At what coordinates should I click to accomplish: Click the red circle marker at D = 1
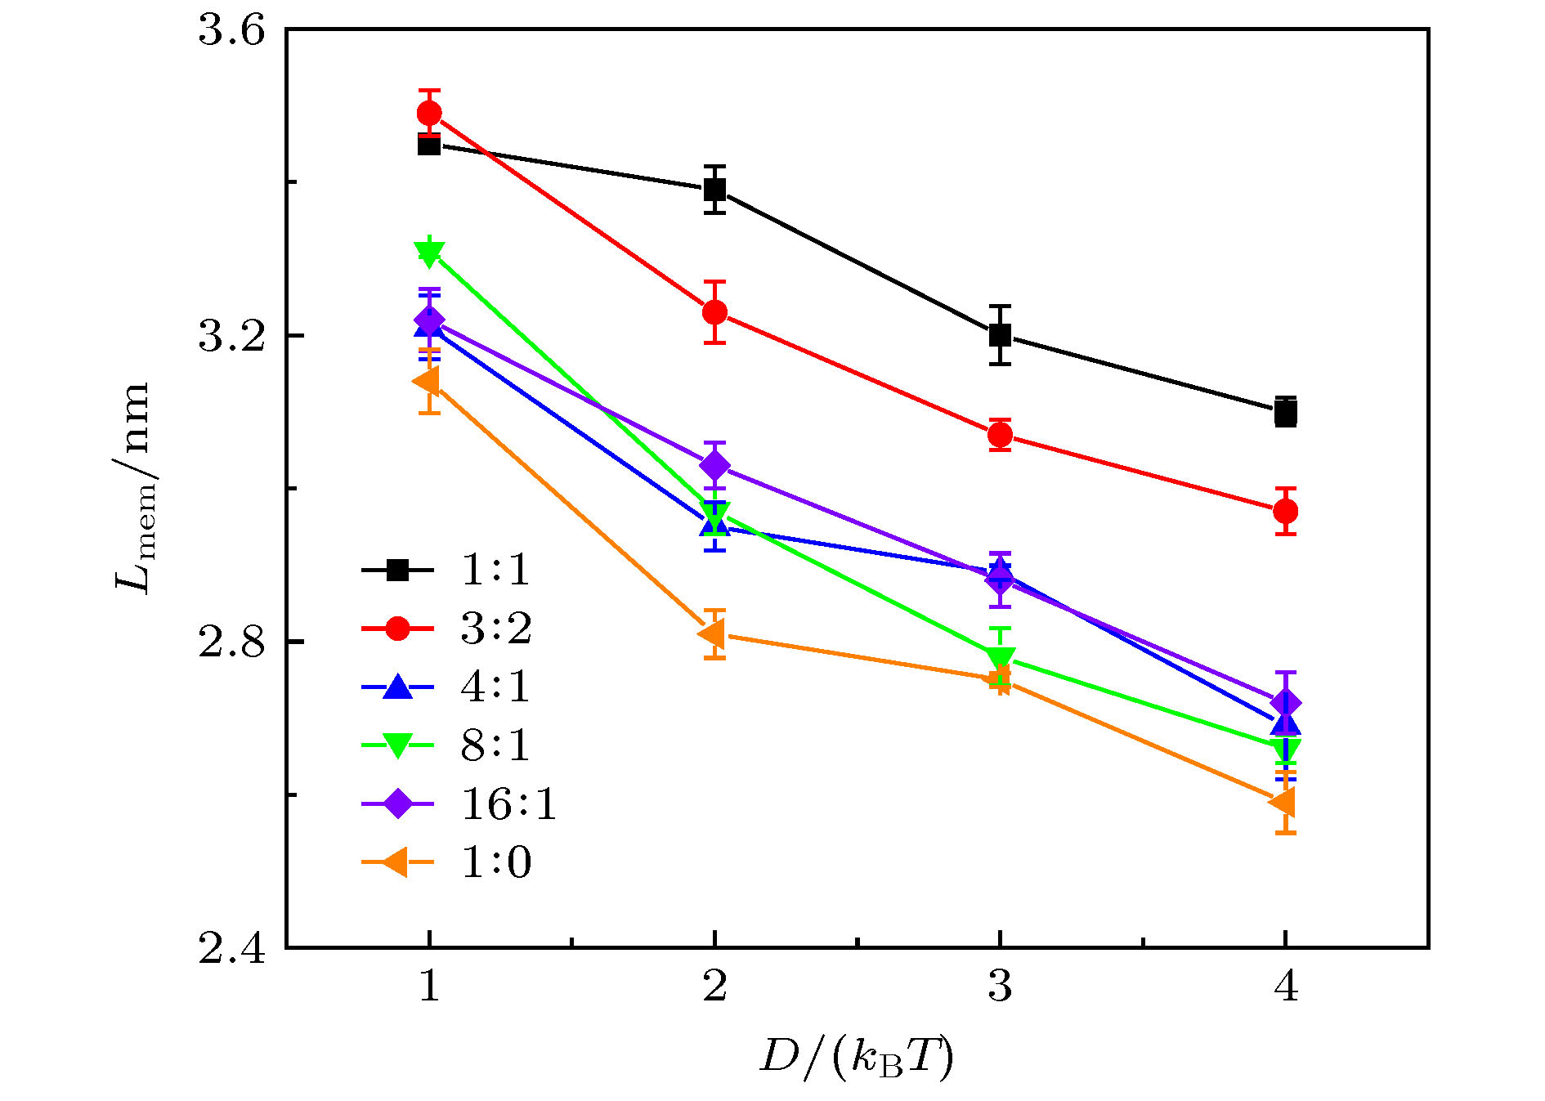pyautogui.click(x=429, y=113)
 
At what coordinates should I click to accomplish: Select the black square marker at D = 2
pyautogui.click(x=714, y=190)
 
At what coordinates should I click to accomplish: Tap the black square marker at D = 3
pyautogui.click(x=1000, y=334)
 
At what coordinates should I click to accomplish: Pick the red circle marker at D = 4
pyautogui.click(x=1285, y=511)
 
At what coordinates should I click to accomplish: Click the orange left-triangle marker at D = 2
pyautogui.click(x=713, y=633)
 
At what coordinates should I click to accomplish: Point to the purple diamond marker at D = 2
pyautogui.click(x=714, y=465)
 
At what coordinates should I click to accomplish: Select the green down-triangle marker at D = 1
pyautogui.click(x=429, y=253)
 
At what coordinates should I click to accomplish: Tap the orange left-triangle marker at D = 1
pyautogui.click(x=427, y=381)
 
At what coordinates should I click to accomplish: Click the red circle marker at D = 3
pyautogui.click(x=1000, y=435)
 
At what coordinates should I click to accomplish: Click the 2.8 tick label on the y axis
pyautogui.click(x=232, y=642)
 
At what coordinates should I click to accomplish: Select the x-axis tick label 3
pyautogui.click(x=1000, y=987)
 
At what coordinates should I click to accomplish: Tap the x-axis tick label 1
pyautogui.click(x=429, y=987)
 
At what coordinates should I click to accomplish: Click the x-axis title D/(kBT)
pyautogui.click(x=856, y=1058)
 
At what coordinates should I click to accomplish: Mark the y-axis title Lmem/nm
pyautogui.click(x=133, y=487)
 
